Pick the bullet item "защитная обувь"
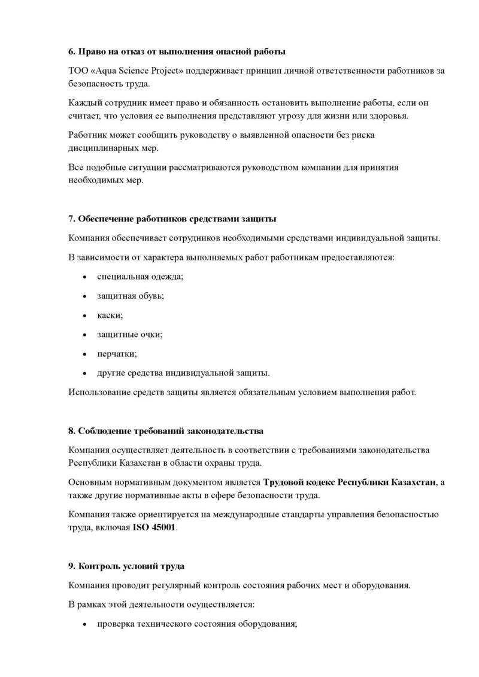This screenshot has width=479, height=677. pyautogui.click(x=131, y=295)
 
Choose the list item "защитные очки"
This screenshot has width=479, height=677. pyautogui.click(x=130, y=334)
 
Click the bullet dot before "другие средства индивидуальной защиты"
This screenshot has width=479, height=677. pyautogui.click(x=84, y=374)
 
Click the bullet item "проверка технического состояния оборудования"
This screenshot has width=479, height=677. pyautogui.click(x=198, y=623)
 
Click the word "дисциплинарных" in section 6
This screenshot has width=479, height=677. pyautogui.click(x=99, y=147)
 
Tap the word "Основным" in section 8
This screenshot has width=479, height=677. pyautogui.click(x=88, y=482)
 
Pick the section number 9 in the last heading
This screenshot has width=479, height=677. pyautogui.click(x=71, y=565)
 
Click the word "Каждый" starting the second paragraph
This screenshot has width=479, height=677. pyautogui.click(x=84, y=102)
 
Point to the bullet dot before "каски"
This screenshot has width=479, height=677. pyautogui.click(x=84, y=315)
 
